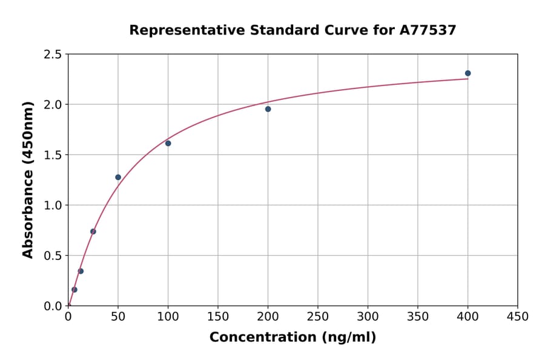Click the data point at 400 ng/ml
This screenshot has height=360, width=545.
pos(467,73)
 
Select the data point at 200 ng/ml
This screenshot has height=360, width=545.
pos(268,109)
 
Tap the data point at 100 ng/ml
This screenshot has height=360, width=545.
pos(168,144)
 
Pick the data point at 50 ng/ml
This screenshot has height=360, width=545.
pos(118,178)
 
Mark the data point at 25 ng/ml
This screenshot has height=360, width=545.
pos(93,232)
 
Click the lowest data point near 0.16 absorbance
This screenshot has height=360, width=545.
pos(74,290)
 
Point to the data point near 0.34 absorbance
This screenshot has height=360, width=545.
pos(81,272)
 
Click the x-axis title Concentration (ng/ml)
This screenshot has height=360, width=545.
pos(292,338)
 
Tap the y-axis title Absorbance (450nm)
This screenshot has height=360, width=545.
pos(28,179)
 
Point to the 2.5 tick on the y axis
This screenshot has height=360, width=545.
pos(53,55)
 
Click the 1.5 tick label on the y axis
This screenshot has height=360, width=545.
pos(53,155)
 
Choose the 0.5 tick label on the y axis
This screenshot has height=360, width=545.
pos(53,256)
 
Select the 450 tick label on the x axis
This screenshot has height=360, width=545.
pos(518,317)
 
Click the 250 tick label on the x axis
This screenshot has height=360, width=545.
pos(318,317)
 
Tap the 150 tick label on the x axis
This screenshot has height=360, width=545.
pos(218,317)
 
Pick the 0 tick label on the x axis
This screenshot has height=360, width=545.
pos(68,317)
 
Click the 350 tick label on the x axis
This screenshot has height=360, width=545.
pos(418,317)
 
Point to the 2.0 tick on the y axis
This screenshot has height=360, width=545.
pos(53,105)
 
